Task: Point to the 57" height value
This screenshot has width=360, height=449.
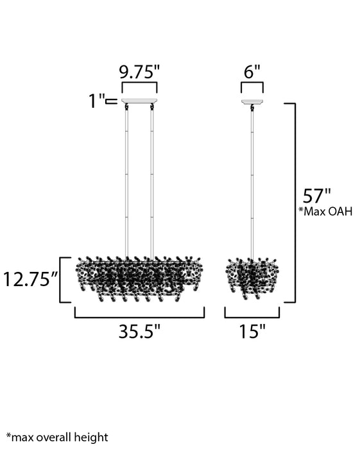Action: (317, 195)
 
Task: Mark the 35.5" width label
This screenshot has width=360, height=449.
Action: (139, 332)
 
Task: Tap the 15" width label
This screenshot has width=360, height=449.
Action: (252, 332)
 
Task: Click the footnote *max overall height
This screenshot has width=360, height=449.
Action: (57, 437)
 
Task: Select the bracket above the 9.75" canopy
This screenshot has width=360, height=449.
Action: (139, 85)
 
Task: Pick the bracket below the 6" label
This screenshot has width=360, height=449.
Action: (252, 85)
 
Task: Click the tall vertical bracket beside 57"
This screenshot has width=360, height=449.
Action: (294, 202)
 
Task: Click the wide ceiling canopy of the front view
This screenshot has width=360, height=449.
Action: (139, 100)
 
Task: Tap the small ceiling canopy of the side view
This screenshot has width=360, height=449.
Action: (252, 101)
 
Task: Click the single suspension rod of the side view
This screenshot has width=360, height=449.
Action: (252, 180)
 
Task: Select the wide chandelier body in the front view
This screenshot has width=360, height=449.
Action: (139, 280)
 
